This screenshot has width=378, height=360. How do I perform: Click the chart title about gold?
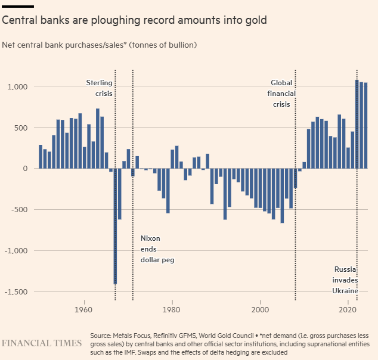coord(134,21)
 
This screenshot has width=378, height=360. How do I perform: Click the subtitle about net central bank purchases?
coord(99,45)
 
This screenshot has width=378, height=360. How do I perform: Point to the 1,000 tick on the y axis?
coord(17,87)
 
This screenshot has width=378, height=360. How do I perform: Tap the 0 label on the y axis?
coord(26,169)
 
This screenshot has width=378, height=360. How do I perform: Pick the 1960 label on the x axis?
coord(84,311)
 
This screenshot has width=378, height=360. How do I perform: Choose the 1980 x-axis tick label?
coord(172,311)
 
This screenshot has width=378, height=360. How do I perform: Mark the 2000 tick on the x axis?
coord(260,311)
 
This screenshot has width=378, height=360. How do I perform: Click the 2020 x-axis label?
coord(348,311)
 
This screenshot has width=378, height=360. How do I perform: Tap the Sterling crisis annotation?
coord(100,88)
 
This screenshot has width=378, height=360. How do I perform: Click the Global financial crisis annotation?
coord(281,94)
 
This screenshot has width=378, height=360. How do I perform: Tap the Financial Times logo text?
coord(42,343)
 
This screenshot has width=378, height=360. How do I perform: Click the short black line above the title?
coord(18,7)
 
